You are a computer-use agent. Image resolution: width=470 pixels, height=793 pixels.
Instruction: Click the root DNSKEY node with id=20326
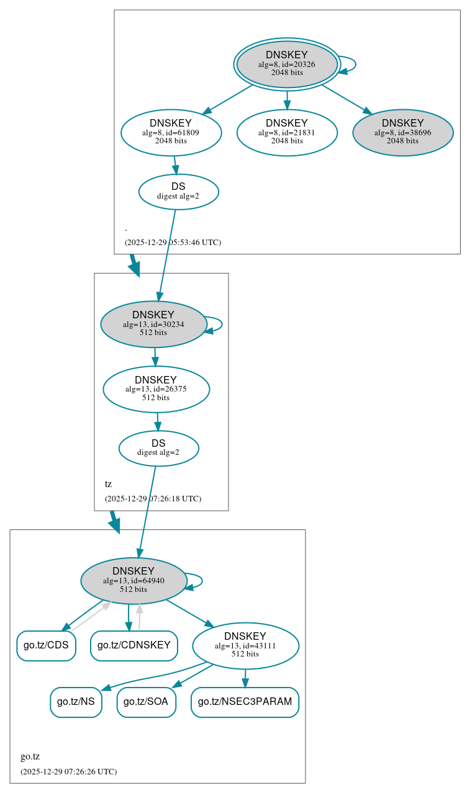click(x=287, y=64)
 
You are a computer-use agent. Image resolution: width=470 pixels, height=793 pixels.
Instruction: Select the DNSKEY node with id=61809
click(x=171, y=132)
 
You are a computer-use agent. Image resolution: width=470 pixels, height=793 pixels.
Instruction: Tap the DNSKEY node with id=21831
click(x=287, y=132)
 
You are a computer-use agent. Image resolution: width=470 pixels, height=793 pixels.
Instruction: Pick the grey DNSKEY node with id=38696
click(x=402, y=132)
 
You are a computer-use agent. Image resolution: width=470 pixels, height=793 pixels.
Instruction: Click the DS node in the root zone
click(x=178, y=191)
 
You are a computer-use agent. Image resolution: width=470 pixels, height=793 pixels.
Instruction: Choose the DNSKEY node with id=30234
click(x=153, y=324)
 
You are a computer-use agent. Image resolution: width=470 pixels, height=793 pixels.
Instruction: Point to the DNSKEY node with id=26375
click(x=156, y=389)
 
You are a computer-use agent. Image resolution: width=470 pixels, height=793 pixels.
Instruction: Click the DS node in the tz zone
click(x=158, y=448)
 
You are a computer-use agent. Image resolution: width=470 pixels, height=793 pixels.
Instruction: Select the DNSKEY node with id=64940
click(x=133, y=580)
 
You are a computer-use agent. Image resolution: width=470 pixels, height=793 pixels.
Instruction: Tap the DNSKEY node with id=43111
click(x=245, y=645)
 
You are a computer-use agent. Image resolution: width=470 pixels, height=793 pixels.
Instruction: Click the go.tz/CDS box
click(x=46, y=645)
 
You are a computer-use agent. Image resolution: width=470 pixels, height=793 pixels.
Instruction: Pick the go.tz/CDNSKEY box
click(x=134, y=645)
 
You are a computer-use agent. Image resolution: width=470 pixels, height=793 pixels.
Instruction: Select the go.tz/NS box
click(x=76, y=702)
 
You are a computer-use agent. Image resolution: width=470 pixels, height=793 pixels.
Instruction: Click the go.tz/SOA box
click(x=147, y=702)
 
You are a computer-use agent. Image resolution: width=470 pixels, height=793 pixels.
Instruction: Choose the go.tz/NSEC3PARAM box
click(x=245, y=702)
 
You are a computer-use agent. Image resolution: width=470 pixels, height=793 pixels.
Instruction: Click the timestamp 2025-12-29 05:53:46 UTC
click(x=173, y=242)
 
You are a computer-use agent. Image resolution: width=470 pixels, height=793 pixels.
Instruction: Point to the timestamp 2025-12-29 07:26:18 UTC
click(x=153, y=498)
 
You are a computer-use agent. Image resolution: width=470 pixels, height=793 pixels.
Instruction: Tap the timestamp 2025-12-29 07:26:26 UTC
click(x=68, y=771)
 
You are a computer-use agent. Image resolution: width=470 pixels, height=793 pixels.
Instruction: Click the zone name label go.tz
click(x=30, y=756)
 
